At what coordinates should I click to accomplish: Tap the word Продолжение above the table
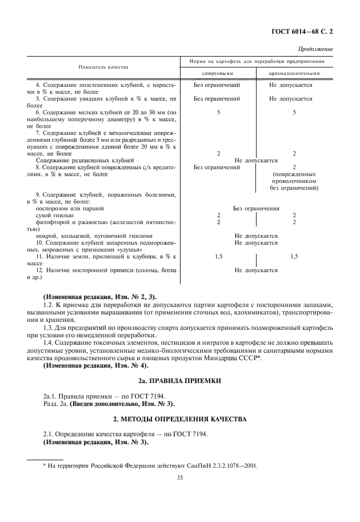318,50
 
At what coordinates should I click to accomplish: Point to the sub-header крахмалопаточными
294,73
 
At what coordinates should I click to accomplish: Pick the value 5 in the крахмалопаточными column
294,113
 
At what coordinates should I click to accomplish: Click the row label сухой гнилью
54,215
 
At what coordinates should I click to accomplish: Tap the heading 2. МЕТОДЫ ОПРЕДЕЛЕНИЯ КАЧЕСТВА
179,419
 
